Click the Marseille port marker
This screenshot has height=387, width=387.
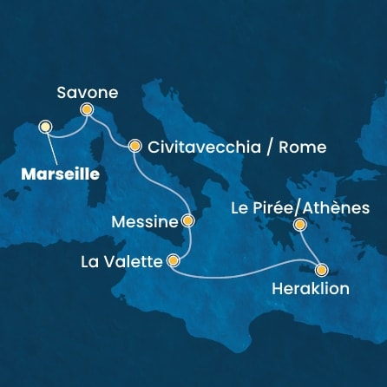(45, 128)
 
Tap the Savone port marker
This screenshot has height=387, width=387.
(86, 110)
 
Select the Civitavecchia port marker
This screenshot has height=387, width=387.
(134, 147)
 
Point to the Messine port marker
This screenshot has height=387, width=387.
(187, 221)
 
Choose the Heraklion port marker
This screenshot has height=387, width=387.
(322, 269)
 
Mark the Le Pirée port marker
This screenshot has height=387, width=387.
(299, 226)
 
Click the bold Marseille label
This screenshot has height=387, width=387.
(56, 173)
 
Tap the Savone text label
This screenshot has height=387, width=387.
(86, 91)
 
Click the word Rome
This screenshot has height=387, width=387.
(304, 148)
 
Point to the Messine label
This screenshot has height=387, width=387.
(146, 222)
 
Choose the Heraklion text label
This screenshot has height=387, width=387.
(310, 289)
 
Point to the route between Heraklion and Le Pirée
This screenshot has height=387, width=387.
(311, 248)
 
